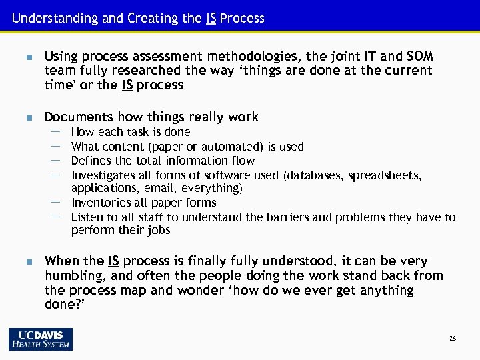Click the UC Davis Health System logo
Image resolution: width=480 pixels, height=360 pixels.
tap(41, 339)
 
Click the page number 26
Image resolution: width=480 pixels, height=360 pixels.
tap(453, 339)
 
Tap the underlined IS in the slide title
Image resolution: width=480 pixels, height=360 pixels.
tap(211, 18)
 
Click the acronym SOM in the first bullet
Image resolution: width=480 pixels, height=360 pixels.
tap(418, 55)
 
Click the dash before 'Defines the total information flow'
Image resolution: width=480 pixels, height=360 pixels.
tap(56, 160)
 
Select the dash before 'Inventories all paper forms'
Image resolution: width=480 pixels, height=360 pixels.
tap(56, 202)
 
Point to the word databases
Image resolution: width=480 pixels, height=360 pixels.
tap(311, 175)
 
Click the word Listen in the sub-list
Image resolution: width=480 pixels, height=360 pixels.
tap(86, 217)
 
